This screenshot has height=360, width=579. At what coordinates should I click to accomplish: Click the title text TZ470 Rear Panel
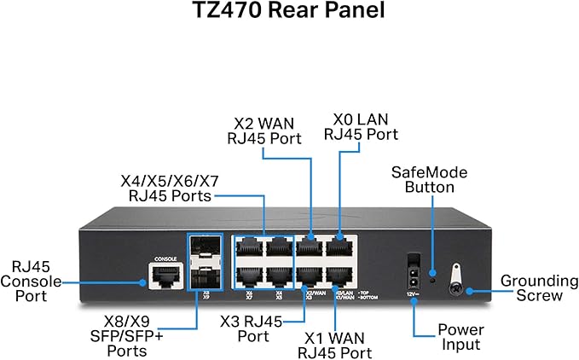(289, 15)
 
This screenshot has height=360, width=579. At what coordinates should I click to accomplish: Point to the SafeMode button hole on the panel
(432, 276)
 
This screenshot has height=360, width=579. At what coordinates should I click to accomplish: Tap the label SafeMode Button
(429, 180)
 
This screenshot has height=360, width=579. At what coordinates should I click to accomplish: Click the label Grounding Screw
(532, 287)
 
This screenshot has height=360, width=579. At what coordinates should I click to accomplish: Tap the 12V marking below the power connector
(413, 293)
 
